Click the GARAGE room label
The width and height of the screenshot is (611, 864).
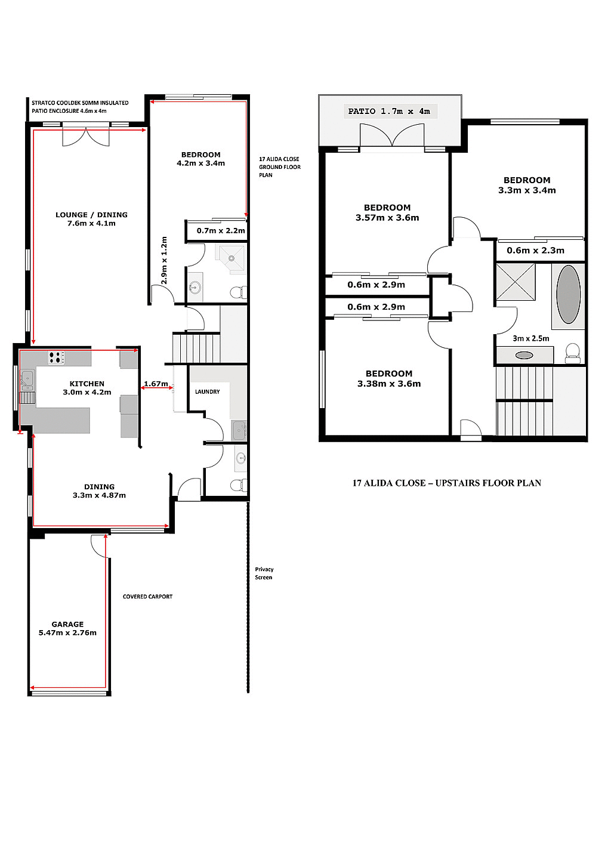[67, 628]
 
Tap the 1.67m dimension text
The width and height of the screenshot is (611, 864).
[156, 384]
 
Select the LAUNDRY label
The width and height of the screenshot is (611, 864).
[207, 392]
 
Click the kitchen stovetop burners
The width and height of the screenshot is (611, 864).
[56, 358]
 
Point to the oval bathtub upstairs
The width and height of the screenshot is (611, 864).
[568, 294]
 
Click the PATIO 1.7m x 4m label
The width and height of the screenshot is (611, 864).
[389, 111]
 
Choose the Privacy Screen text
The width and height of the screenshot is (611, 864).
[264, 573]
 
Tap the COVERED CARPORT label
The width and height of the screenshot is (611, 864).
[147, 597]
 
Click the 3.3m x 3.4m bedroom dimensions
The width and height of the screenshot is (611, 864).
[527, 190]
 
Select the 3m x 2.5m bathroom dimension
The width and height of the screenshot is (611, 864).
[530, 338]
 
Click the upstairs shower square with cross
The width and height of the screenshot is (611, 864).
[516, 282]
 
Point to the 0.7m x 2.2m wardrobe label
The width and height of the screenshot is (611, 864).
[221, 231]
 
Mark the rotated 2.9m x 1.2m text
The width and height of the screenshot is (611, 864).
[164, 260]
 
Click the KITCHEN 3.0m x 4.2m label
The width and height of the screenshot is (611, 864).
[87, 388]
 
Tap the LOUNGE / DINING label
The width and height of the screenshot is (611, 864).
[91, 219]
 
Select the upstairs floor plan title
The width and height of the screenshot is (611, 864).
[446, 483]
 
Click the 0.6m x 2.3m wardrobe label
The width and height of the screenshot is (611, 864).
[535, 251]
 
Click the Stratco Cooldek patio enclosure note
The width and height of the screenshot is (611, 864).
[80, 107]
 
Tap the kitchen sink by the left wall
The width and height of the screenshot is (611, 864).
[27, 378]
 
